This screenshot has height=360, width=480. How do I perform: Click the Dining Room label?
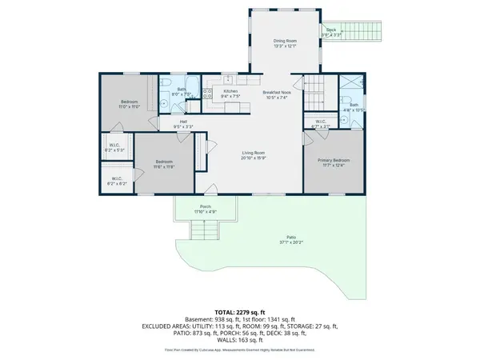pyautogui.click(x=286, y=41)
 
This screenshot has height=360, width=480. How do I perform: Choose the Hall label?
pyautogui.click(x=183, y=122)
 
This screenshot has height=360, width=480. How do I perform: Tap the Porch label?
pyautogui.click(x=206, y=206)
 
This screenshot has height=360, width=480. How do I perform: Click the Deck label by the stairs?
pyautogui.click(x=330, y=29)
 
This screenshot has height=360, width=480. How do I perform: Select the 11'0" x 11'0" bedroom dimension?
pyautogui.click(x=130, y=106)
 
